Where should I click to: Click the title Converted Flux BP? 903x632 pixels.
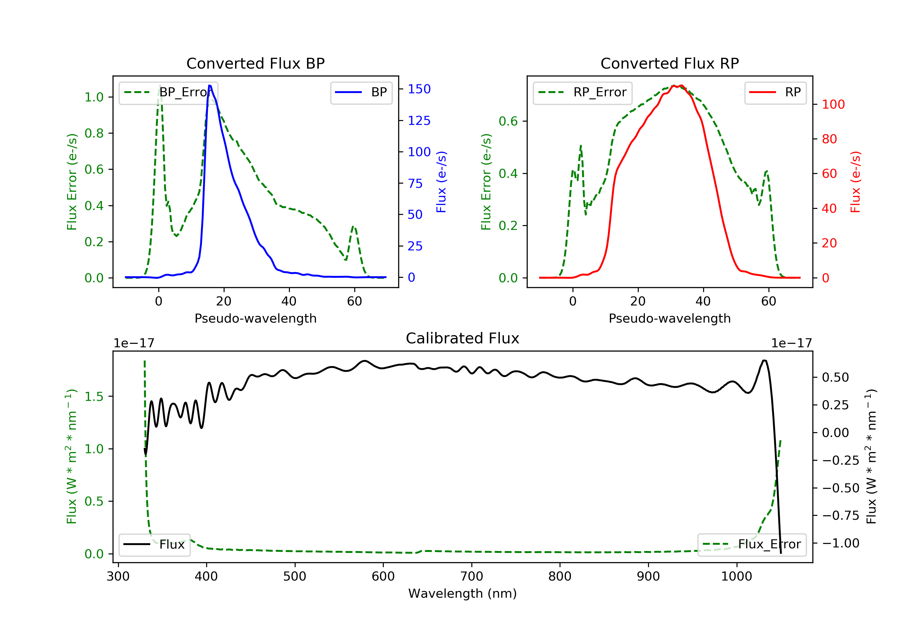[x=255, y=63]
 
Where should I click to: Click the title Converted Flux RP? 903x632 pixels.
[x=669, y=63]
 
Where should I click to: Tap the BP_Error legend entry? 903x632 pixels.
[x=168, y=92]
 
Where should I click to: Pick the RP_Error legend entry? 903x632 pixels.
[x=582, y=92]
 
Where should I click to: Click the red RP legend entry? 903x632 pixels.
[x=775, y=92]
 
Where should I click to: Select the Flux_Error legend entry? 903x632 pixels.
[x=752, y=544]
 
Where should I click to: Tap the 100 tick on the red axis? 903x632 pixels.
[x=833, y=105]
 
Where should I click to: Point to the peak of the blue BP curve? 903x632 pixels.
[x=209, y=86]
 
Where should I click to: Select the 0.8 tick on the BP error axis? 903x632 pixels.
[x=94, y=133]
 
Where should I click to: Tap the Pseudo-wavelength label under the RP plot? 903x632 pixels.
[x=669, y=318]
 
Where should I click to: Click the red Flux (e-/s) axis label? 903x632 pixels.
[x=855, y=182]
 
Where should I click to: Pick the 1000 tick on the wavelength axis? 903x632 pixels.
[x=736, y=577]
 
